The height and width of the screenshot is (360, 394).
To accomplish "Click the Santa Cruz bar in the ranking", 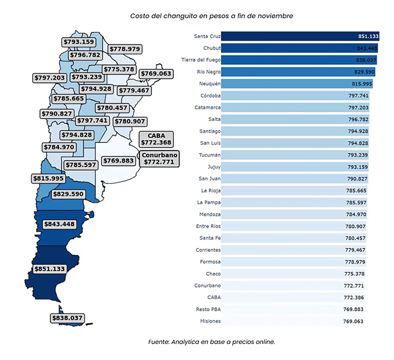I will pos(300,36).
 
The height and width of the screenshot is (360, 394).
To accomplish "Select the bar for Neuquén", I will pos(296,84).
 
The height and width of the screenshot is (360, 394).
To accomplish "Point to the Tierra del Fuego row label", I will pos(201,60).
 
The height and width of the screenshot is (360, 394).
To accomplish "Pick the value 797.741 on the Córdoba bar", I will pos(358,96).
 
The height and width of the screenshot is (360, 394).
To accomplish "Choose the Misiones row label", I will pos(211,321).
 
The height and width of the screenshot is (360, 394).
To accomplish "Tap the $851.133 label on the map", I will pos(49,269).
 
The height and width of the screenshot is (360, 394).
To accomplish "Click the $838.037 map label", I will pos(67,318).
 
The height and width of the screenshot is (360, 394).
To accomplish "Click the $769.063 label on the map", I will pos(155,74).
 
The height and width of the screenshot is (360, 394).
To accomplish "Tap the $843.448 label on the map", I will pos(59,224).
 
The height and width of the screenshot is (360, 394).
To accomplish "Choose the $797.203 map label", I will pos(49,77).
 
